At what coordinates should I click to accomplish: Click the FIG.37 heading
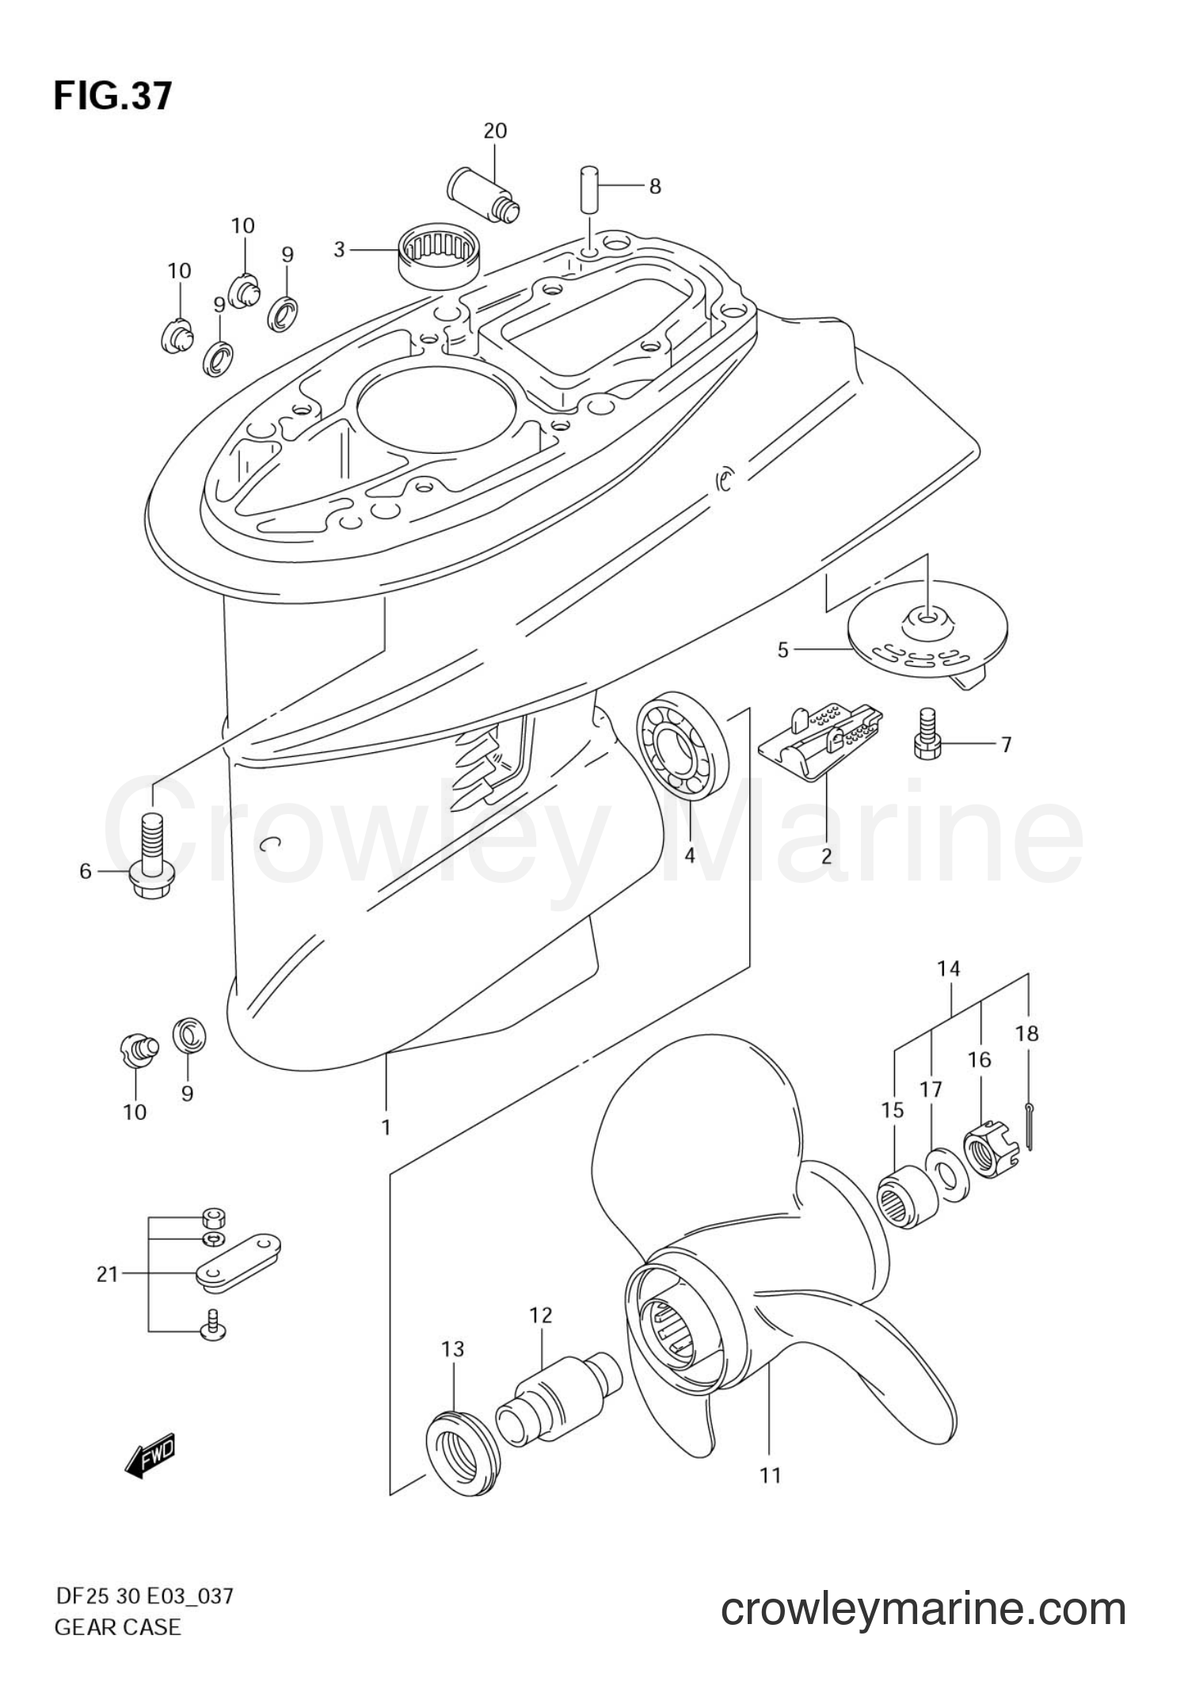coord(112,96)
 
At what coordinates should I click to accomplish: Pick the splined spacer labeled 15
coord(908,1204)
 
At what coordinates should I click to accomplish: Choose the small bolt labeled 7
coord(926,736)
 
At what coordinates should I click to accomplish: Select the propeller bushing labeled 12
coord(558,1395)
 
